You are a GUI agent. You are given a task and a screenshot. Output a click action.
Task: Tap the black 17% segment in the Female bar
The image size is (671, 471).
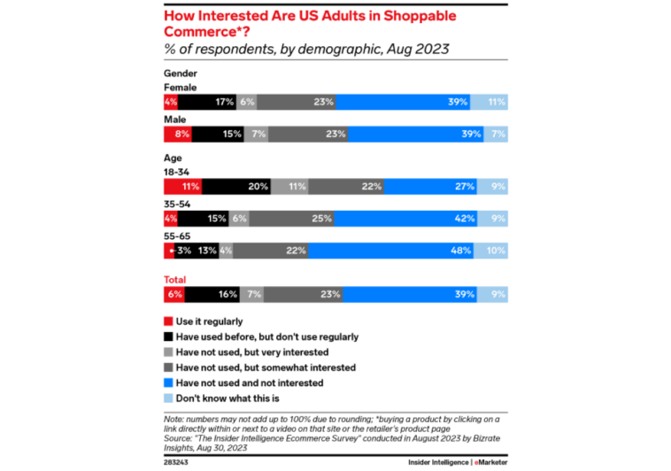click(x=213, y=102)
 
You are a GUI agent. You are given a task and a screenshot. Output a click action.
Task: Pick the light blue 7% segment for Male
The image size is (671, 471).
click(x=496, y=135)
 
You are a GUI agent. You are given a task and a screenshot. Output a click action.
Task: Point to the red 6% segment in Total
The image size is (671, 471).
click(x=174, y=294)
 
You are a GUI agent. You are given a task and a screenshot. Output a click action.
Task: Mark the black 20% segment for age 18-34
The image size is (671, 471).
click(x=236, y=187)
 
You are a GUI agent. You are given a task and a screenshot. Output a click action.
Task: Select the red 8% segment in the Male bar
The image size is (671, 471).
click(x=178, y=135)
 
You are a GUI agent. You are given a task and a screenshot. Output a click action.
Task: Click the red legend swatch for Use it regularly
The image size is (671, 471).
click(x=168, y=321)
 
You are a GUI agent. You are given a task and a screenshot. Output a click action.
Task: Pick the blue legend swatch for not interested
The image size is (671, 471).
click(x=168, y=383)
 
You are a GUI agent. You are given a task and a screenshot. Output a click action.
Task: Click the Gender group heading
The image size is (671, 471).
click(x=181, y=73)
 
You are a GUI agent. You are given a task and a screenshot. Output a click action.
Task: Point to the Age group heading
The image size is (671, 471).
click(x=174, y=157)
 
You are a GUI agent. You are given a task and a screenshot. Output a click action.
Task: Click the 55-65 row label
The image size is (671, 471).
click(x=178, y=236)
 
